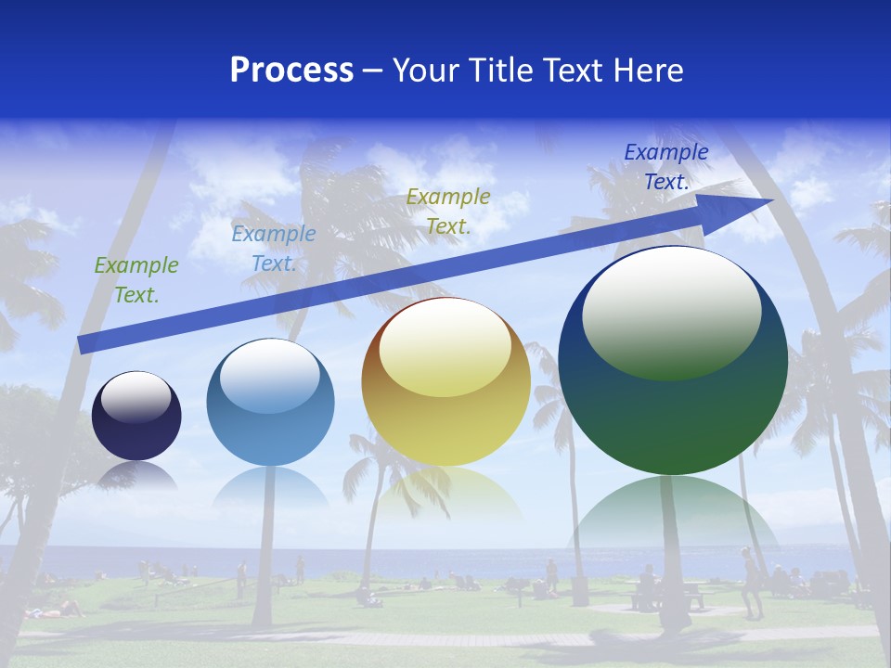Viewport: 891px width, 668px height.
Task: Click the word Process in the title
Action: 291,71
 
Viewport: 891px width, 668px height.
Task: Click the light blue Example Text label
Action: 274,249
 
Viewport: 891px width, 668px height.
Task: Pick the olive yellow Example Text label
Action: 448,212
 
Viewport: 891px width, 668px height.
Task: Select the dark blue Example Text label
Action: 666,167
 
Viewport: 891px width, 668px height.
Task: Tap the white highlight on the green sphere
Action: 672,311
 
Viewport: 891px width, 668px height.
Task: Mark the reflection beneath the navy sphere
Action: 137,477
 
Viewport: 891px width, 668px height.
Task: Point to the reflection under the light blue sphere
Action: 270,487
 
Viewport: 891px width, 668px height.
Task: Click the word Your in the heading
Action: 429,71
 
